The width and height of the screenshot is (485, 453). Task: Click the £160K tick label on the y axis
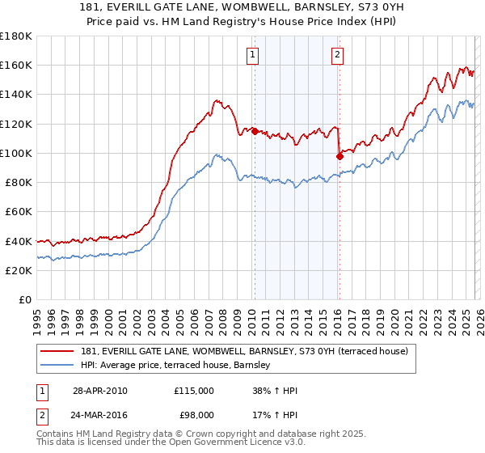[x=16, y=65]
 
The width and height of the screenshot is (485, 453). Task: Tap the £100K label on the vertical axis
[x=16, y=153]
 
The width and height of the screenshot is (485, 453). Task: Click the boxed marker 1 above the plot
[x=253, y=55]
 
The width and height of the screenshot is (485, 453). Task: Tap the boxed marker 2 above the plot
[x=337, y=55]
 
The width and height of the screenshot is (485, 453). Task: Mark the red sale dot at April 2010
[x=255, y=130]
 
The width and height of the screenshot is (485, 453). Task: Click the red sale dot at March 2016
[x=339, y=155]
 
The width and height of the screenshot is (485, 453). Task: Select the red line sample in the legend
[x=57, y=352]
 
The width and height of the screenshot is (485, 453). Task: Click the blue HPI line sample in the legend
[x=57, y=366]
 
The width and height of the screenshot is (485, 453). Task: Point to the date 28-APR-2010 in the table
[x=99, y=391]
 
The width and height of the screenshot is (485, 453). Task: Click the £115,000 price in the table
[x=194, y=391]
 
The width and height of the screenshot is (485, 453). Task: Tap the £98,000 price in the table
[x=196, y=417]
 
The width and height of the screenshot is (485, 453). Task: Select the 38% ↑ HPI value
[x=275, y=391]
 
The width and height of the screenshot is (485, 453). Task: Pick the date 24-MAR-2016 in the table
[x=100, y=417]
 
